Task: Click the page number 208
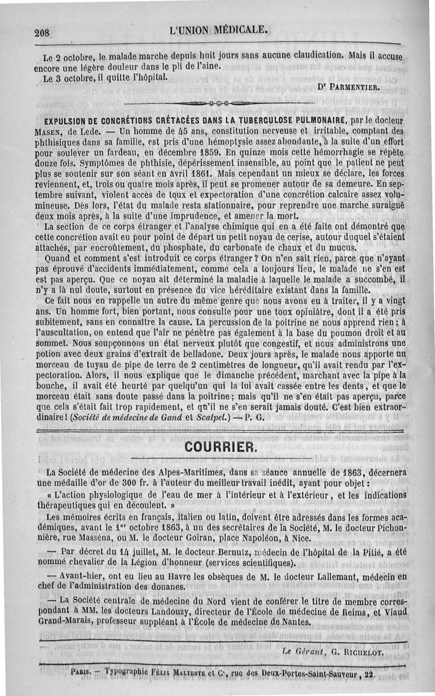(x=42, y=33)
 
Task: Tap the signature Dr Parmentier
(x=350, y=86)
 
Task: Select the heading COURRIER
(x=219, y=447)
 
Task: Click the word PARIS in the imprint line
(x=79, y=672)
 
